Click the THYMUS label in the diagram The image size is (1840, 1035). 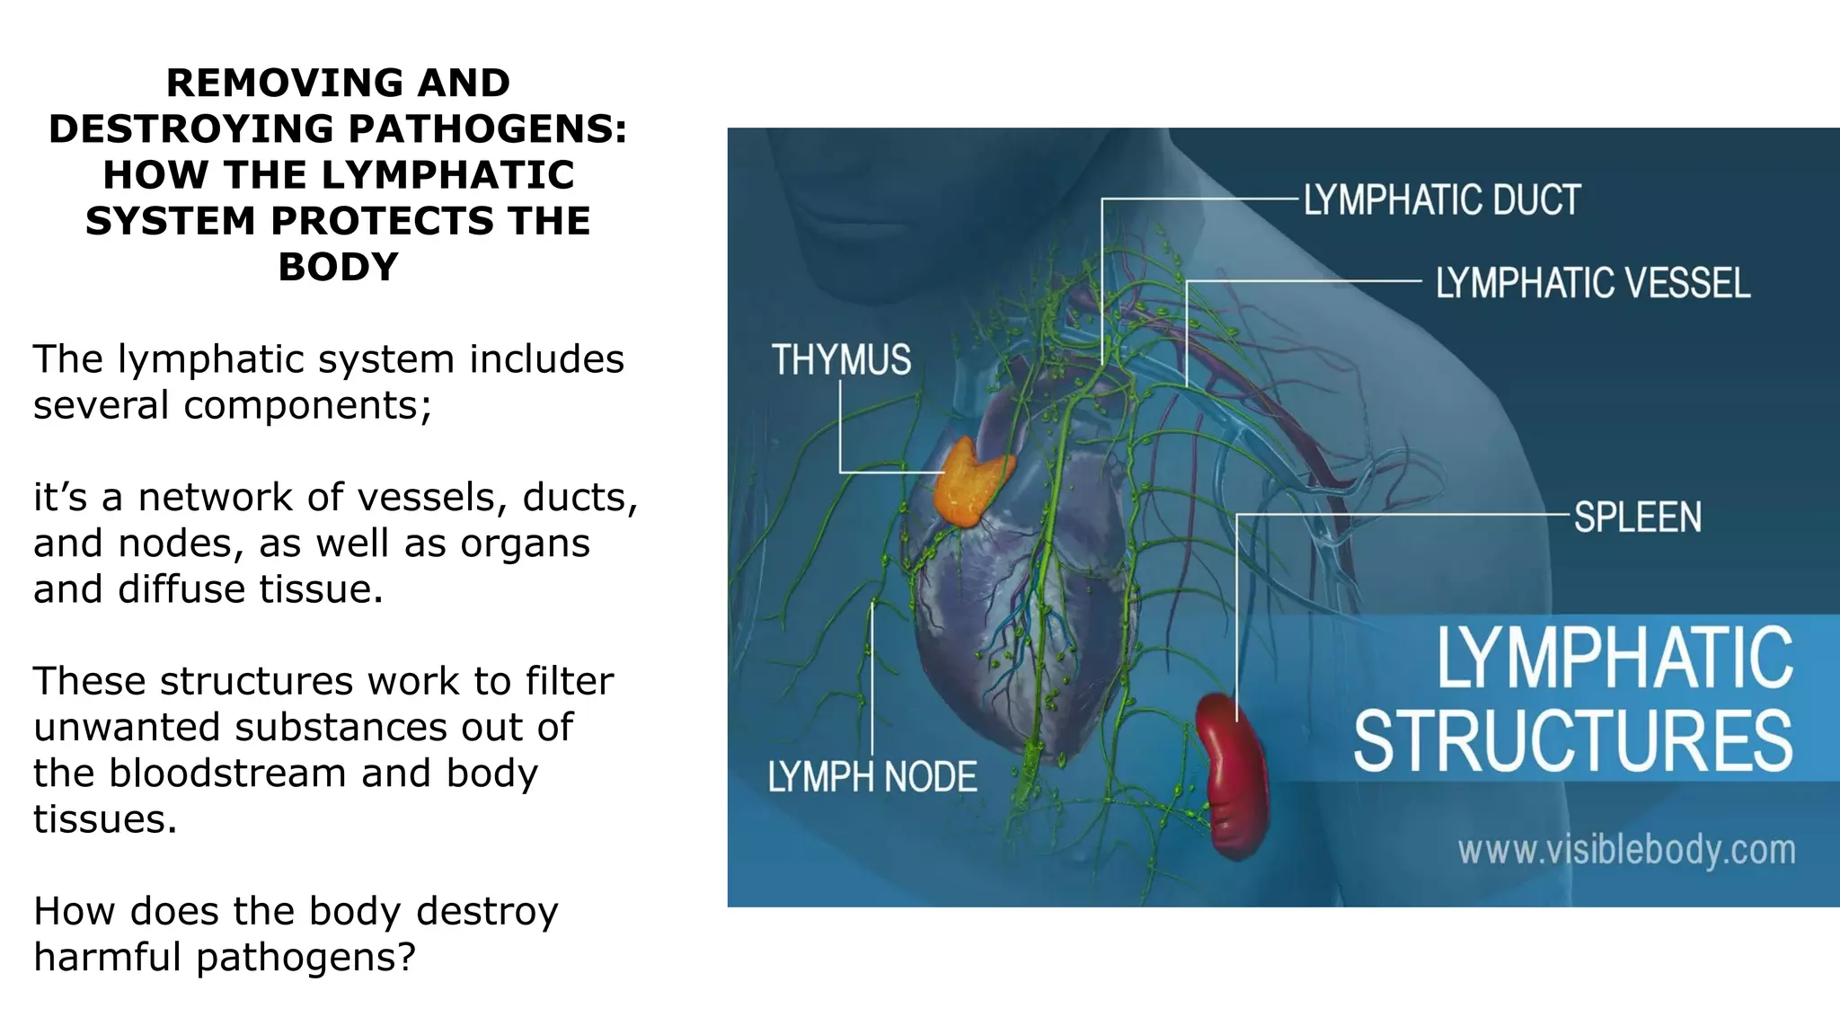pyautogui.click(x=841, y=359)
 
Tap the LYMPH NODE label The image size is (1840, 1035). pyautogui.click(x=871, y=777)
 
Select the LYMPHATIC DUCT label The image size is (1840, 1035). pyautogui.click(x=1441, y=199)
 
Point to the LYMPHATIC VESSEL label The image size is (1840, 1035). pyautogui.click(x=1592, y=283)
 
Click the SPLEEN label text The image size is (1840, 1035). pyautogui.click(x=1637, y=517)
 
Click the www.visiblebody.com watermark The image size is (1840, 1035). pyautogui.click(x=1626, y=850)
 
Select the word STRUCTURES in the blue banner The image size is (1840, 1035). pyautogui.click(x=1572, y=740)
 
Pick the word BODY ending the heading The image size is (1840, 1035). pyautogui.click(x=338, y=267)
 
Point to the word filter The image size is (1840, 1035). pyautogui.click(x=570, y=681)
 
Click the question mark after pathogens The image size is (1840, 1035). pyautogui.click(x=407, y=957)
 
